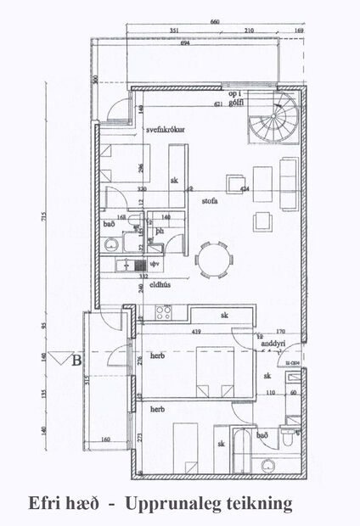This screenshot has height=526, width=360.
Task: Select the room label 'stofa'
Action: pos(211,202)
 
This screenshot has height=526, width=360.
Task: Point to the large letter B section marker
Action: pos(78,361)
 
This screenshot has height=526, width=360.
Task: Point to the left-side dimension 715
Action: pos(42,221)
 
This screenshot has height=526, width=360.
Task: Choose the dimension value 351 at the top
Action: pos(174,31)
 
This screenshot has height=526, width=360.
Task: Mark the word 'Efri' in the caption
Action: pos(46,503)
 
